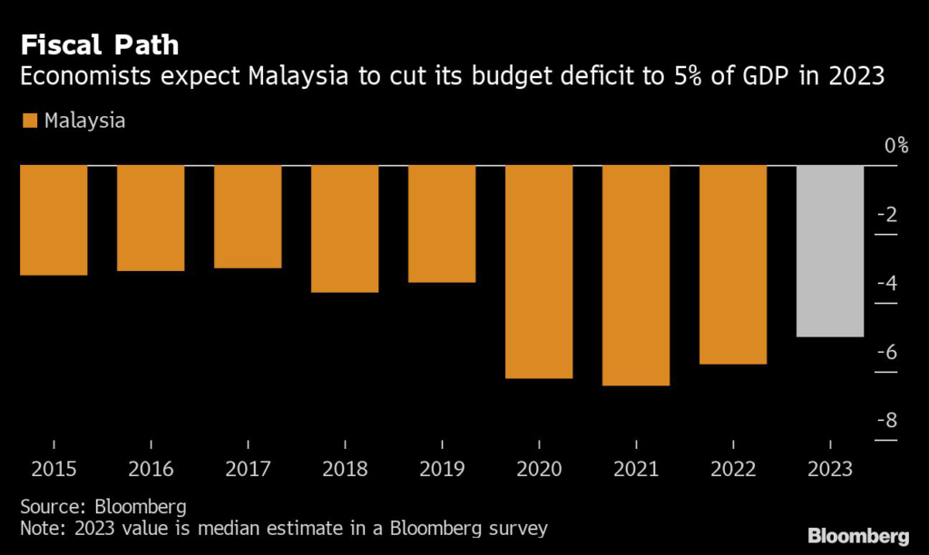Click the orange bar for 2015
pos(54,220)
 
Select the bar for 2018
pos(345,229)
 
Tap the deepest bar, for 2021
pos(636,276)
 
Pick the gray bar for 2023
pos(830,251)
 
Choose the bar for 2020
pos(539,272)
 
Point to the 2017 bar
pos(248,217)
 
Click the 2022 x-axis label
pos(733,470)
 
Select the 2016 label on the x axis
pos(151,470)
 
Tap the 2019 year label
pos(442,470)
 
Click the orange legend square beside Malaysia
pos(28,121)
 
